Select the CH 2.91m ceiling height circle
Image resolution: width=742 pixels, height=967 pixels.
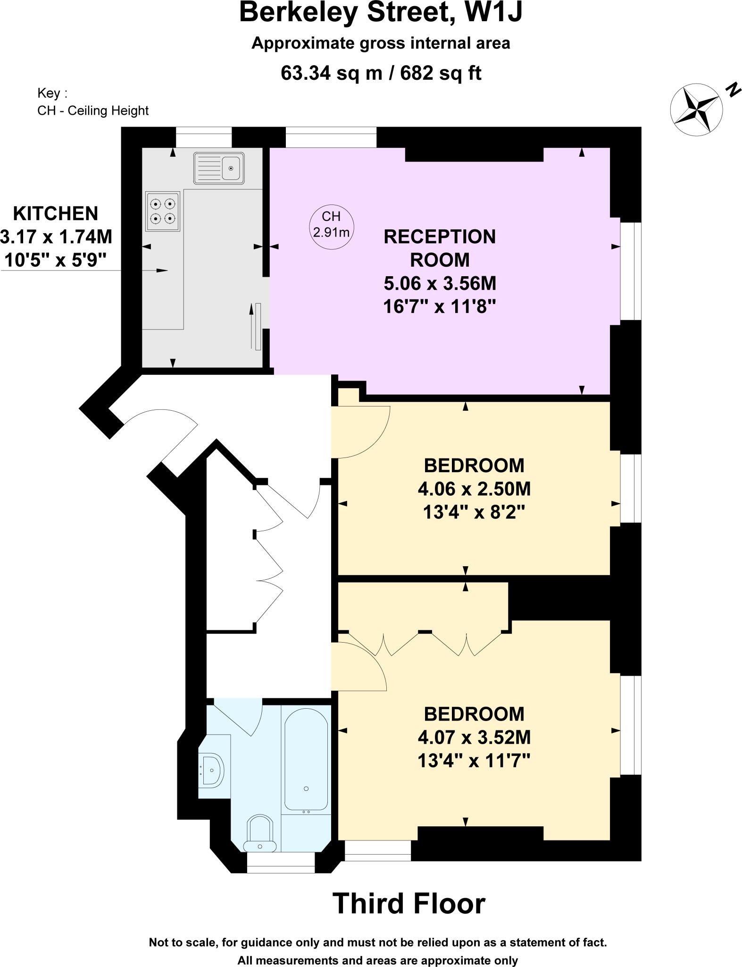(x=331, y=224)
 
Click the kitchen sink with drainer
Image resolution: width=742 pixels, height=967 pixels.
(x=219, y=168)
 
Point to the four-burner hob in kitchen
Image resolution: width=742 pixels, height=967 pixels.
(x=163, y=211)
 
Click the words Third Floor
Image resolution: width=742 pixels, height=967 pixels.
(x=409, y=903)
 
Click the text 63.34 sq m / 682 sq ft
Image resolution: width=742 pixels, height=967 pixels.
(x=381, y=73)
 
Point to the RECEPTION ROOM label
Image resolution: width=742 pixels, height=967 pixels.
(x=440, y=248)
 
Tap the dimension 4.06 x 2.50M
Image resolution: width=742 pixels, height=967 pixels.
(x=474, y=489)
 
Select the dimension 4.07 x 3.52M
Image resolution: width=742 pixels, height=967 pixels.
(x=474, y=737)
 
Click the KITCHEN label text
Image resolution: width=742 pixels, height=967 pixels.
(x=56, y=213)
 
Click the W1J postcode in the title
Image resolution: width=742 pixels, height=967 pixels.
(x=493, y=13)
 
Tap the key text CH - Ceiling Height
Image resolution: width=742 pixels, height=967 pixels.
(x=93, y=110)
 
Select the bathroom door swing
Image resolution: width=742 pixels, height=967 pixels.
(x=241, y=718)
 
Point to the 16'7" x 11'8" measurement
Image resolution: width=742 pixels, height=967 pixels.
(x=440, y=307)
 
